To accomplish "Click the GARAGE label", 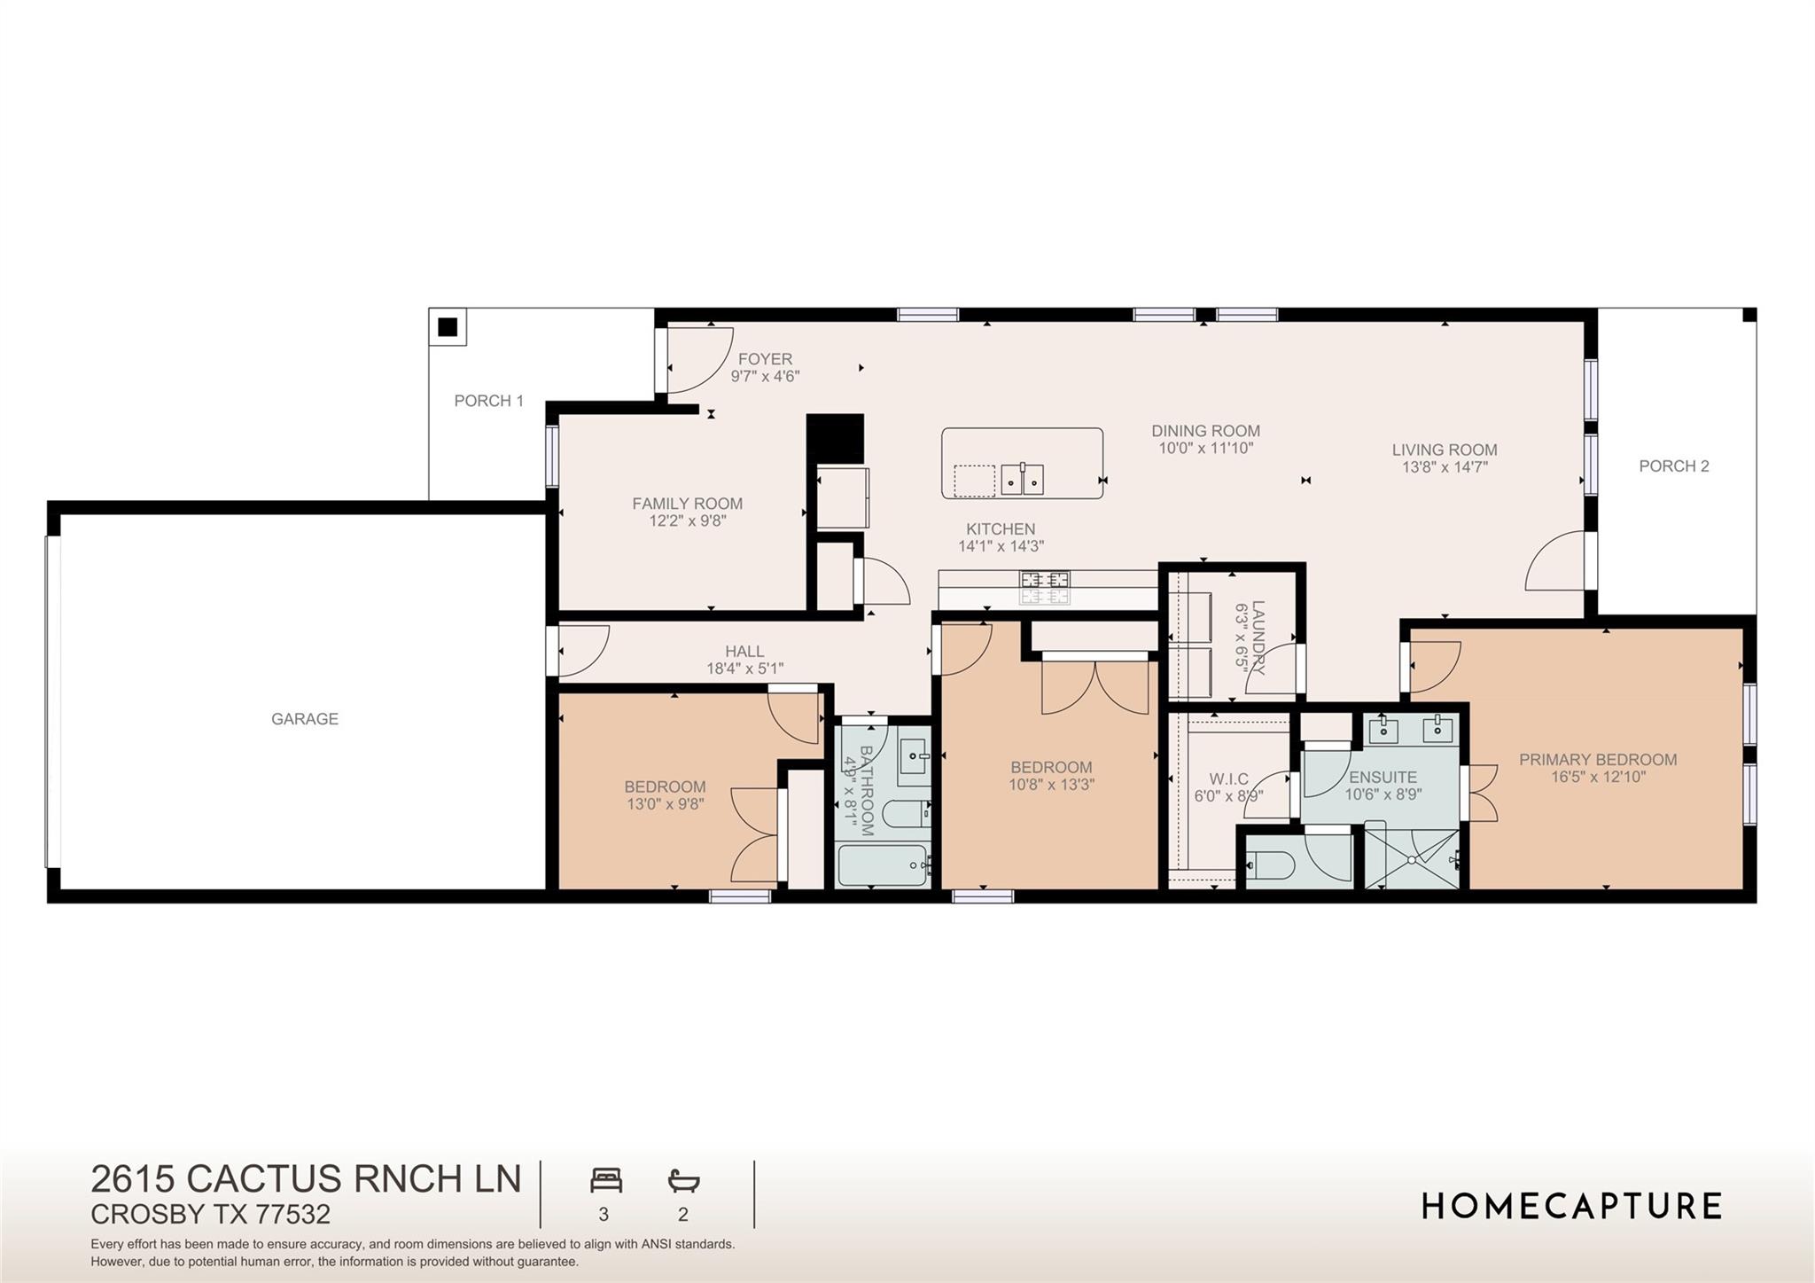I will tap(304, 719).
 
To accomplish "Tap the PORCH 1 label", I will tap(488, 401).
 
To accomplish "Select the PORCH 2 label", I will tap(1673, 465).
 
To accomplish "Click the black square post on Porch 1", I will tap(448, 327).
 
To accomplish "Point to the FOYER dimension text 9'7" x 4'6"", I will tap(765, 376).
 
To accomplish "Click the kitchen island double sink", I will tap(1021, 479).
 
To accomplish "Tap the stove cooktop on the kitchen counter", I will tap(1045, 587).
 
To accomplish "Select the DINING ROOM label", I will tap(1205, 431).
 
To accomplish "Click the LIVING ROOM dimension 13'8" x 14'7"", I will tap(1444, 467).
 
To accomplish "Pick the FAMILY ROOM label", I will tap(687, 504).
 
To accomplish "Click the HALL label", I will tap(744, 652).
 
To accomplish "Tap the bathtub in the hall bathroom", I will tap(882, 864).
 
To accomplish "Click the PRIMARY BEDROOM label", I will tap(1597, 760).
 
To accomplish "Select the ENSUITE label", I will tap(1383, 778).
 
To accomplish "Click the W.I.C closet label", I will tap(1227, 778).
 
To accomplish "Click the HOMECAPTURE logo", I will tap(1572, 1207).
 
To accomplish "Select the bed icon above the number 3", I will tap(606, 1181).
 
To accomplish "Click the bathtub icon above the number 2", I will tap(683, 1181).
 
